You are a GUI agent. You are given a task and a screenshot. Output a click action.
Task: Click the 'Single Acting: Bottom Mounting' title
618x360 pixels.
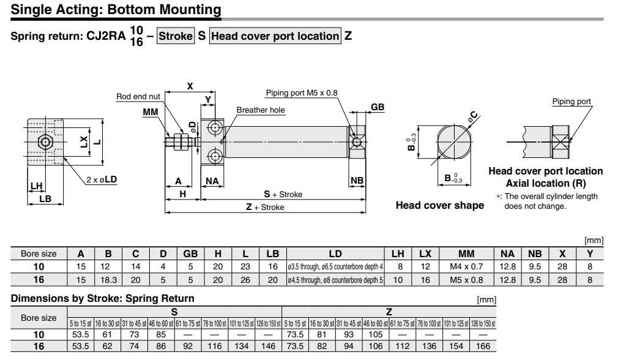point(116,10)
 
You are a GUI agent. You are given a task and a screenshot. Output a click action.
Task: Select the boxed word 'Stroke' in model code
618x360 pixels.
point(176,36)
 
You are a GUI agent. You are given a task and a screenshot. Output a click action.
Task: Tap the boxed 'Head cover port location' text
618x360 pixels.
point(275,36)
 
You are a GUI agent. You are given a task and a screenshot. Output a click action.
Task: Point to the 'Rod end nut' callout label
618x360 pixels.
point(138,97)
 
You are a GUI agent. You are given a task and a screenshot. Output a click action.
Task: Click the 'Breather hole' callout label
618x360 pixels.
point(261,110)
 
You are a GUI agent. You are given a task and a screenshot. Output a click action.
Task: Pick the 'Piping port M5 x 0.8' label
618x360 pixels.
point(301,93)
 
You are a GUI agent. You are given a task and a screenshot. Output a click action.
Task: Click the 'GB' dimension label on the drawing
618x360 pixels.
point(378,107)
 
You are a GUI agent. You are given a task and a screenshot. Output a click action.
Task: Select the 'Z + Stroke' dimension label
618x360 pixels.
point(265,208)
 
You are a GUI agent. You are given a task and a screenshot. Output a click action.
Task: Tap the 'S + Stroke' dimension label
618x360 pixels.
point(283,194)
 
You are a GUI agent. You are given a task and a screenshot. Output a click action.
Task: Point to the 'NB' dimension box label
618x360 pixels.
point(357,181)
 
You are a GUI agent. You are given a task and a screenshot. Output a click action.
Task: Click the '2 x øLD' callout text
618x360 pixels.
point(102,179)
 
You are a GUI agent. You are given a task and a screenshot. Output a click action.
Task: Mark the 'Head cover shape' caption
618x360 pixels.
point(439,206)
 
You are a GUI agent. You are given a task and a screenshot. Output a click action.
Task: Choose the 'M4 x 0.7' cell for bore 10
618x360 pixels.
point(466,267)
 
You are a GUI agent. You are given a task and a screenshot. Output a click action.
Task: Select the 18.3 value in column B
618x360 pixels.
point(108,280)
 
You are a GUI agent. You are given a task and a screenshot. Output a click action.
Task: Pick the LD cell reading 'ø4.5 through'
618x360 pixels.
point(335,280)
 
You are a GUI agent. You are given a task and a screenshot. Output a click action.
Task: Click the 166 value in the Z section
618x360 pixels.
point(483,347)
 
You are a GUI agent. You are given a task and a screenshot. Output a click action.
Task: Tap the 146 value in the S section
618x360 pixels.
point(269,347)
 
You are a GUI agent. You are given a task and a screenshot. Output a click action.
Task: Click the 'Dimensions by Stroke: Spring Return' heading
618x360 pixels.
point(103,299)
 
